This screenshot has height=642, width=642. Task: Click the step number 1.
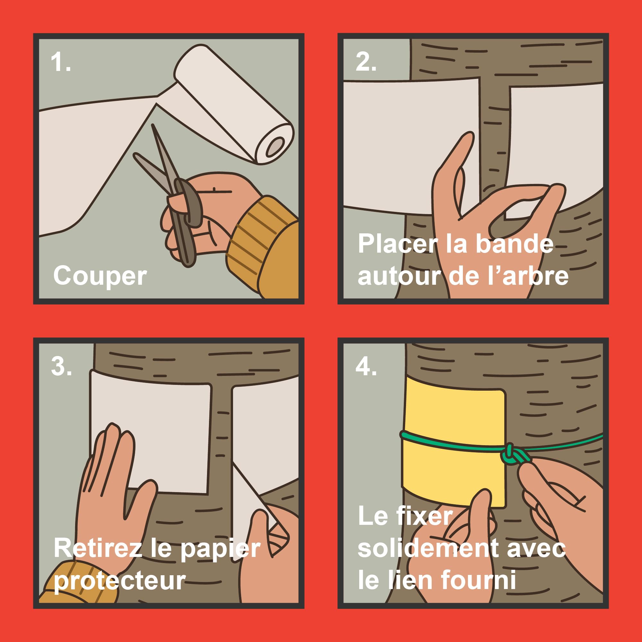click(61, 62)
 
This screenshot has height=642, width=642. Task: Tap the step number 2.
click(366, 62)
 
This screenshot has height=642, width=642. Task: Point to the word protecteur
click(120, 581)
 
